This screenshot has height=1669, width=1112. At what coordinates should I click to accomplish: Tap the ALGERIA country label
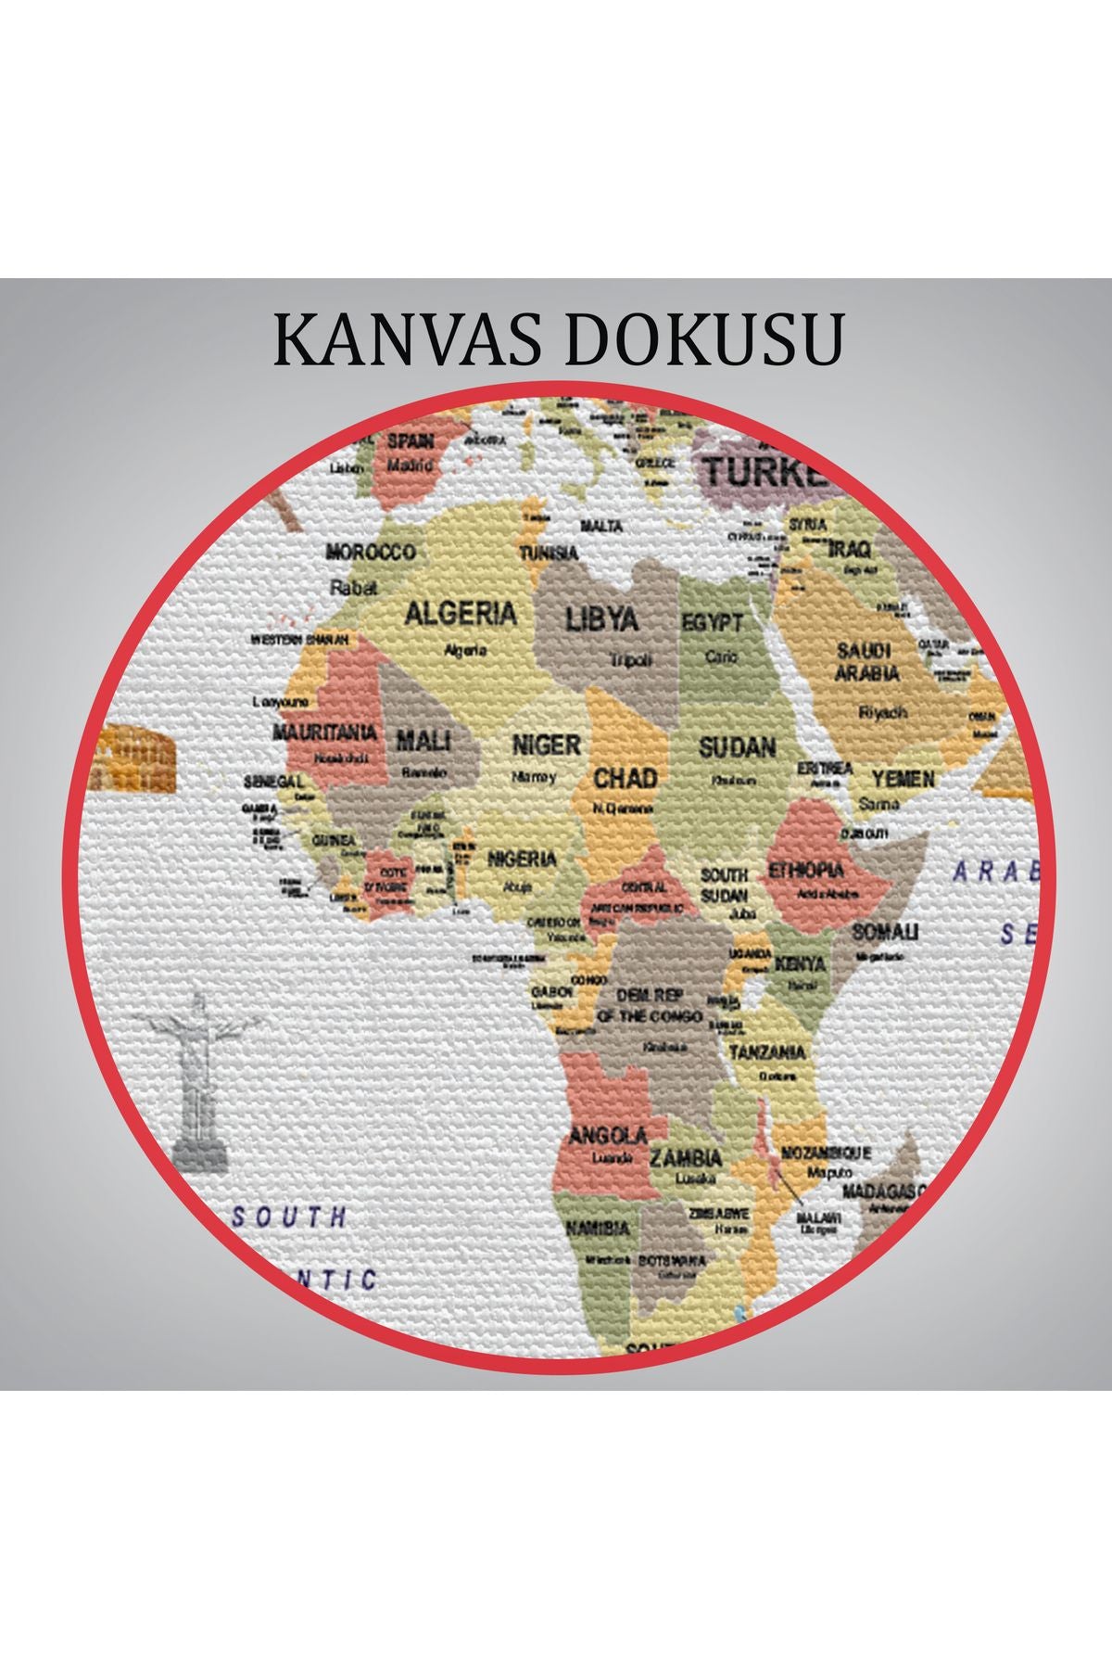click(x=461, y=614)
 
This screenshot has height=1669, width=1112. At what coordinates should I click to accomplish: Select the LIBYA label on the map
click(x=602, y=619)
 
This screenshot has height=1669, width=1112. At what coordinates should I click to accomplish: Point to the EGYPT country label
click(x=713, y=623)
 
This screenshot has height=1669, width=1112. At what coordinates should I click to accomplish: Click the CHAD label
click(x=625, y=778)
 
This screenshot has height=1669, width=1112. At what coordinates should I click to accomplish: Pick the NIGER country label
click(x=547, y=745)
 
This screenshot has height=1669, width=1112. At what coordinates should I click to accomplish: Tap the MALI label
click(x=423, y=741)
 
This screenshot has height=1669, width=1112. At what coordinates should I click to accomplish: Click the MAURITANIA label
click(x=325, y=733)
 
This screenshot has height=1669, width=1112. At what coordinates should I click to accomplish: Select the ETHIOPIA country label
click(x=806, y=870)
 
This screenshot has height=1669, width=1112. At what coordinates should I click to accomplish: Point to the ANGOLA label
click(x=608, y=1136)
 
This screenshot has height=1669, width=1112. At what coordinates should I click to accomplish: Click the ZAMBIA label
click(x=685, y=1158)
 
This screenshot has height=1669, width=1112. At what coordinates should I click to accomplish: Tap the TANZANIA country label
click(x=767, y=1053)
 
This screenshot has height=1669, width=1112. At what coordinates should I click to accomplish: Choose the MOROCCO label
click(x=370, y=553)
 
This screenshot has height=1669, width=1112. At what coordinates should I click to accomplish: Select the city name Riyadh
click(x=883, y=712)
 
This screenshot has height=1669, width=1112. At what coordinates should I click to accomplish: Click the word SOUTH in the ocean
click(x=289, y=1217)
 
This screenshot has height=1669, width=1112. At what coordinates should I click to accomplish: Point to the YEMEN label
click(x=903, y=780)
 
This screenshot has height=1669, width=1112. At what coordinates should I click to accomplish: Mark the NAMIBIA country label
click(x=598, y=1229)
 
